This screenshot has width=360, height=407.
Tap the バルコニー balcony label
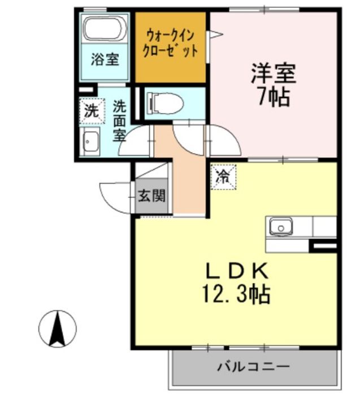[x=254, y=367]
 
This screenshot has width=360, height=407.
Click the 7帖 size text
[x=274, y=97]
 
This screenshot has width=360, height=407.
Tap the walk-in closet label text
[x=170, y=42]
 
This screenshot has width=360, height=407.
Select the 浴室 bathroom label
[x=106, y=58]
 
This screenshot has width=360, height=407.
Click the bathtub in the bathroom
[x=106, y=28]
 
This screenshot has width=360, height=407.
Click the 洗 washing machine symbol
[x=91, y=110]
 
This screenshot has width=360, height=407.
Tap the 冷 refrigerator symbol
[x=222, y=175]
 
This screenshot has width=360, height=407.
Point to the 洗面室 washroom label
[x=119, y=120]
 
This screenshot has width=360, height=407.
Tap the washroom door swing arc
[x=134, y=142]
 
